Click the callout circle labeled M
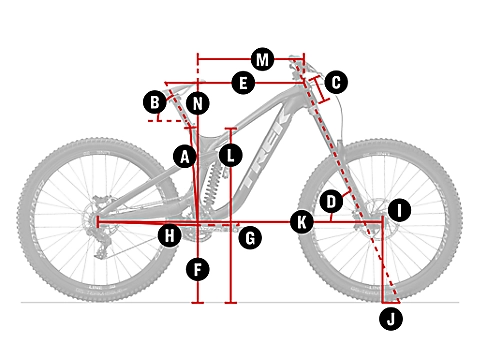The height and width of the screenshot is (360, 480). coord(263,60)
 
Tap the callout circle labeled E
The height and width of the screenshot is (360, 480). coord(243,83)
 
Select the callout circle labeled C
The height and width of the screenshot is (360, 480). coord(336,82)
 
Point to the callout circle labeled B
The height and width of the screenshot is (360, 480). coord(155,102)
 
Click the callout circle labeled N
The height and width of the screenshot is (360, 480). coord(198,103)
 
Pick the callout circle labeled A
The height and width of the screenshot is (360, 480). coord(185,156)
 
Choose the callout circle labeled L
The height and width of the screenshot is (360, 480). coord(230,155)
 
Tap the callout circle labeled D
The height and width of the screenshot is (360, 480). coord(331,202)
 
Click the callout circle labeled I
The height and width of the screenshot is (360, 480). coord(399,210)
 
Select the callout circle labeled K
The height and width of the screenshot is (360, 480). coord(302,222)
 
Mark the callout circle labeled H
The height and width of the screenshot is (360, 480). coord(170,236)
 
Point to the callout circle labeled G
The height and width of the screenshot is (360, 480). coord(250,238)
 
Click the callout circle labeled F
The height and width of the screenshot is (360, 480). coord(198,269)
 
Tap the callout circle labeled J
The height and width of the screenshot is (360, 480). coord(391,319)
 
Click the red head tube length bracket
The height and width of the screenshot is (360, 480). coord(320,89)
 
